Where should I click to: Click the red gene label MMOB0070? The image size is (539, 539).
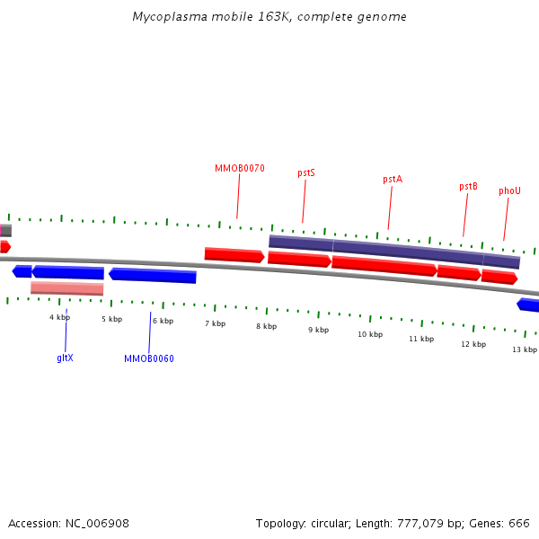click(240, 169)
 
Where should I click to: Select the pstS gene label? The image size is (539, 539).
click(306, 172)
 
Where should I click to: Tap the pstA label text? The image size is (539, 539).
click(393, 179)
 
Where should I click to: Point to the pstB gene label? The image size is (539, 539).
click(468, 186)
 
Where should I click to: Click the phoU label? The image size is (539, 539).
click(509, 190)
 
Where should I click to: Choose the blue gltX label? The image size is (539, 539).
click(65, 358)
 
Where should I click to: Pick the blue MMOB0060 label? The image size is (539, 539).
click(149, 358)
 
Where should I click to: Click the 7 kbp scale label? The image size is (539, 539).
click(216, 323)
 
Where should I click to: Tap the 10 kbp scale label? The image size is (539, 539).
click(370, 334)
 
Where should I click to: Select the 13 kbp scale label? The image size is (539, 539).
click(525, 349)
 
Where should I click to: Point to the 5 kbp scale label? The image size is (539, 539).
click(111, 319)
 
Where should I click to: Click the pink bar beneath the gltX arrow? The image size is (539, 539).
click(67, 288)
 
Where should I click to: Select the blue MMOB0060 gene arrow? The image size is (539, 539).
click(153, 276)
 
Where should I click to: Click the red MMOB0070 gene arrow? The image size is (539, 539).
click(234, 255)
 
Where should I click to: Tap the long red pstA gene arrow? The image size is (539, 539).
click(384, 266)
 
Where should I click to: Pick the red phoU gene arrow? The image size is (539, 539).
click(499, 277)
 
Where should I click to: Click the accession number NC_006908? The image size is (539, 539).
click(97, 524)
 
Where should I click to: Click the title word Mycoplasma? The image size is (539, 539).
click(170, 17)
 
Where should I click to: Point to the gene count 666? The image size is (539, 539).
click(519, 524)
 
